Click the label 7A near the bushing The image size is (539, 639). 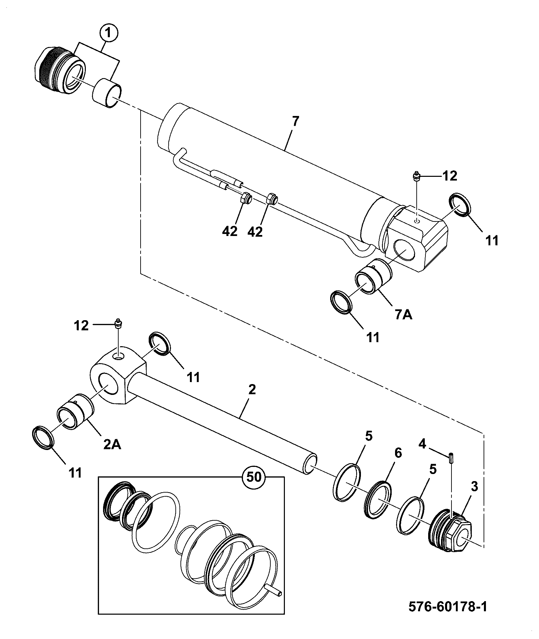(403, 315)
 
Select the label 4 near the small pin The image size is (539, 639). (422, 443)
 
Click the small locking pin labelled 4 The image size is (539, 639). (451, 458)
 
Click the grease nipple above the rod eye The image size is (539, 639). (118, 324)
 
